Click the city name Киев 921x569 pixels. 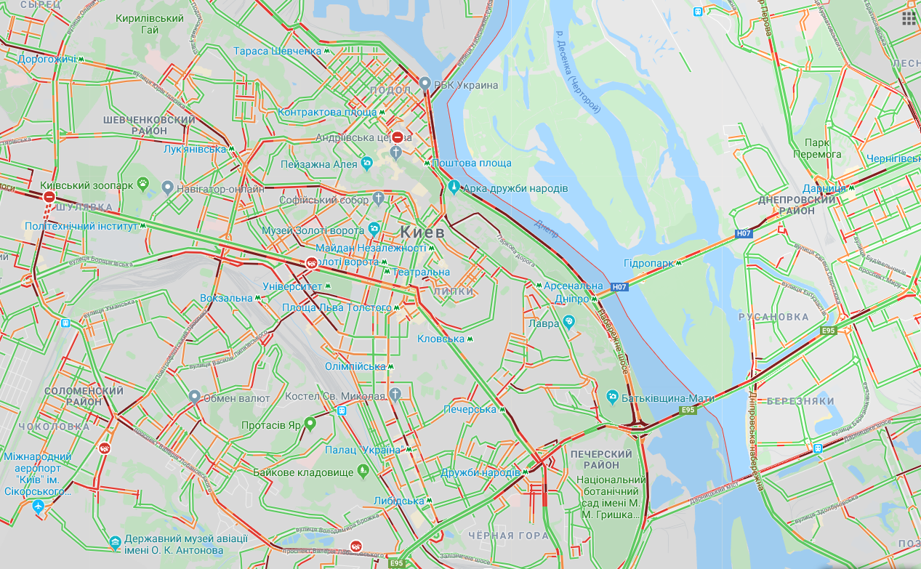point(423,232)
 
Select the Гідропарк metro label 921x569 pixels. point(648,263)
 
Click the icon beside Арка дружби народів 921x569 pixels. point(454,187)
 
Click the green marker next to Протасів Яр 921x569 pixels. point(310,423)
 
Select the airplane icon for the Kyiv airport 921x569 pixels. point(39,506)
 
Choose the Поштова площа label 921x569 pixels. point(472,164)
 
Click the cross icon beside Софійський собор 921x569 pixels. point(378,198)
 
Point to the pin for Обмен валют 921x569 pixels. point(194,397)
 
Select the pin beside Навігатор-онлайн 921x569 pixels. point(167,188)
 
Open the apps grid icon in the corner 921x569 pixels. point(909,18)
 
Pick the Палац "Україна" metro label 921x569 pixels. point(363,450)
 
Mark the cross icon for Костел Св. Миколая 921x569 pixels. point(395,395)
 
